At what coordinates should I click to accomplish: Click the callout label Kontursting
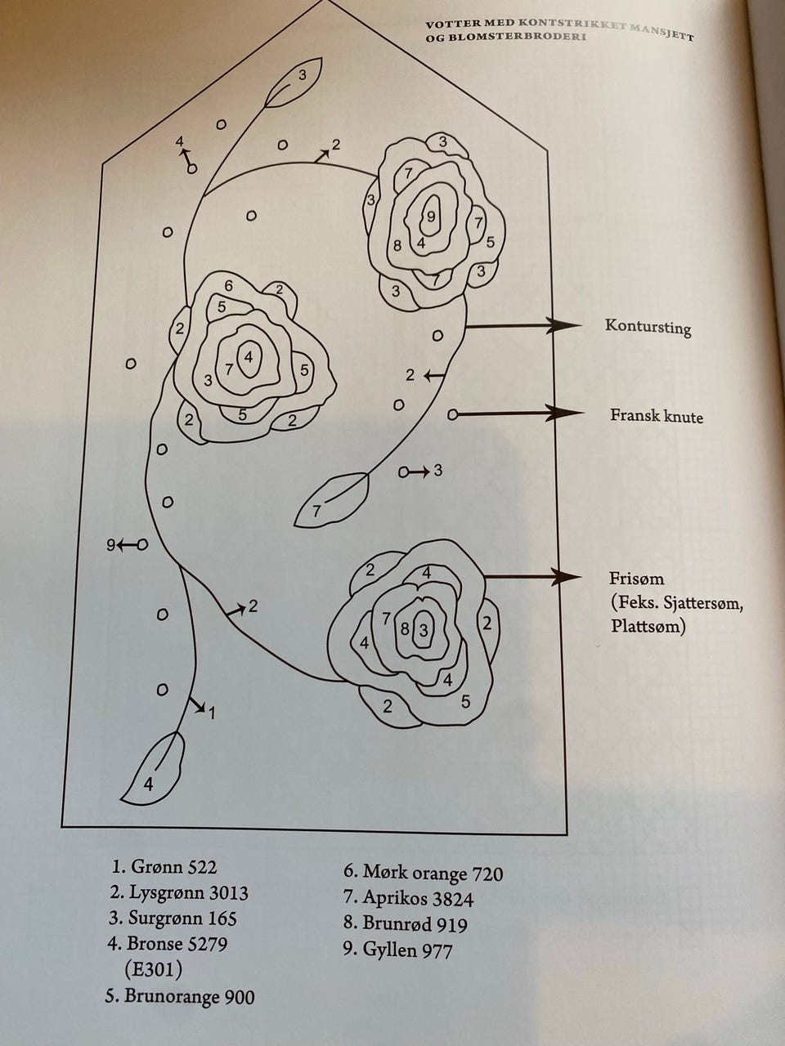(648, 327)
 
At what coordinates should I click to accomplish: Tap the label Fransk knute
(656, 416)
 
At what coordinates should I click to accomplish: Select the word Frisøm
(636, 579)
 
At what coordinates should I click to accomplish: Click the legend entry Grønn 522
(164, 867)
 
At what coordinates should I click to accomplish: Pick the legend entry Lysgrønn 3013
(179, 892)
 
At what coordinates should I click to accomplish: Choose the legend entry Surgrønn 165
(173, 918)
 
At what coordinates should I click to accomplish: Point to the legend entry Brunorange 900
(180, 997)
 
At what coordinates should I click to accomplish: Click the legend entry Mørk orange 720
(423, 873)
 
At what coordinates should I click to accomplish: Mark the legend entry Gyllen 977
(398, 950)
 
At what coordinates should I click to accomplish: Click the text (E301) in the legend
(153, 970)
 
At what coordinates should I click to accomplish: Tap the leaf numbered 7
(330, 501)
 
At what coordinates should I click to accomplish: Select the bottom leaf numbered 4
(153, 772)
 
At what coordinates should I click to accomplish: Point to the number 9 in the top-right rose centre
(431, 217)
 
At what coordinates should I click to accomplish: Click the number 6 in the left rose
(229, 285)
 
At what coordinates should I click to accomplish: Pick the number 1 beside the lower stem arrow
(212, 713)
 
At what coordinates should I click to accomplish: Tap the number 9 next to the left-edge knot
(110, 544)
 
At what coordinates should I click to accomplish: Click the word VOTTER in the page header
(453, 24)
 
